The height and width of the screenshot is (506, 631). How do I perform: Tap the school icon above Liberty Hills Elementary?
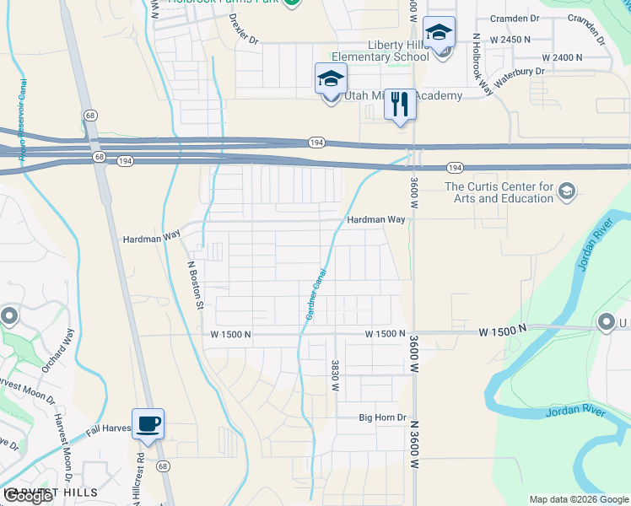point(439,34)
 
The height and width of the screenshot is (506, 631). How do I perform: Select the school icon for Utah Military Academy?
point(331,80)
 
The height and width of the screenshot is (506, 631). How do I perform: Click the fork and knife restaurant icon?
point(400,105)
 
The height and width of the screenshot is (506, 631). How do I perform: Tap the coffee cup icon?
point(148,424)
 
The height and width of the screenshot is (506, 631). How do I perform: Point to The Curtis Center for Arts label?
point(499,192)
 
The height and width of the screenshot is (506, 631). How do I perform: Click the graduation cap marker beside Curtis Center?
point(566,192)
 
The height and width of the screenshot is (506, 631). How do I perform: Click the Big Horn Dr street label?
point(382,417)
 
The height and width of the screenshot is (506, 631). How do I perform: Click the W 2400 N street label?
point(562,57)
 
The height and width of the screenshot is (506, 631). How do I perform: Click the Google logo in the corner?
point(28,496)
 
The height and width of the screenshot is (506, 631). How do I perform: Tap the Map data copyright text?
point(579,499)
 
